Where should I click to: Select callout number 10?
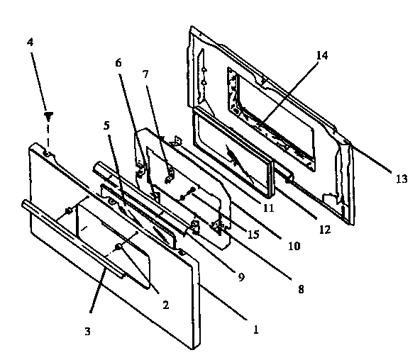click(292, 246)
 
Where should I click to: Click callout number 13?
click(402, 179)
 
